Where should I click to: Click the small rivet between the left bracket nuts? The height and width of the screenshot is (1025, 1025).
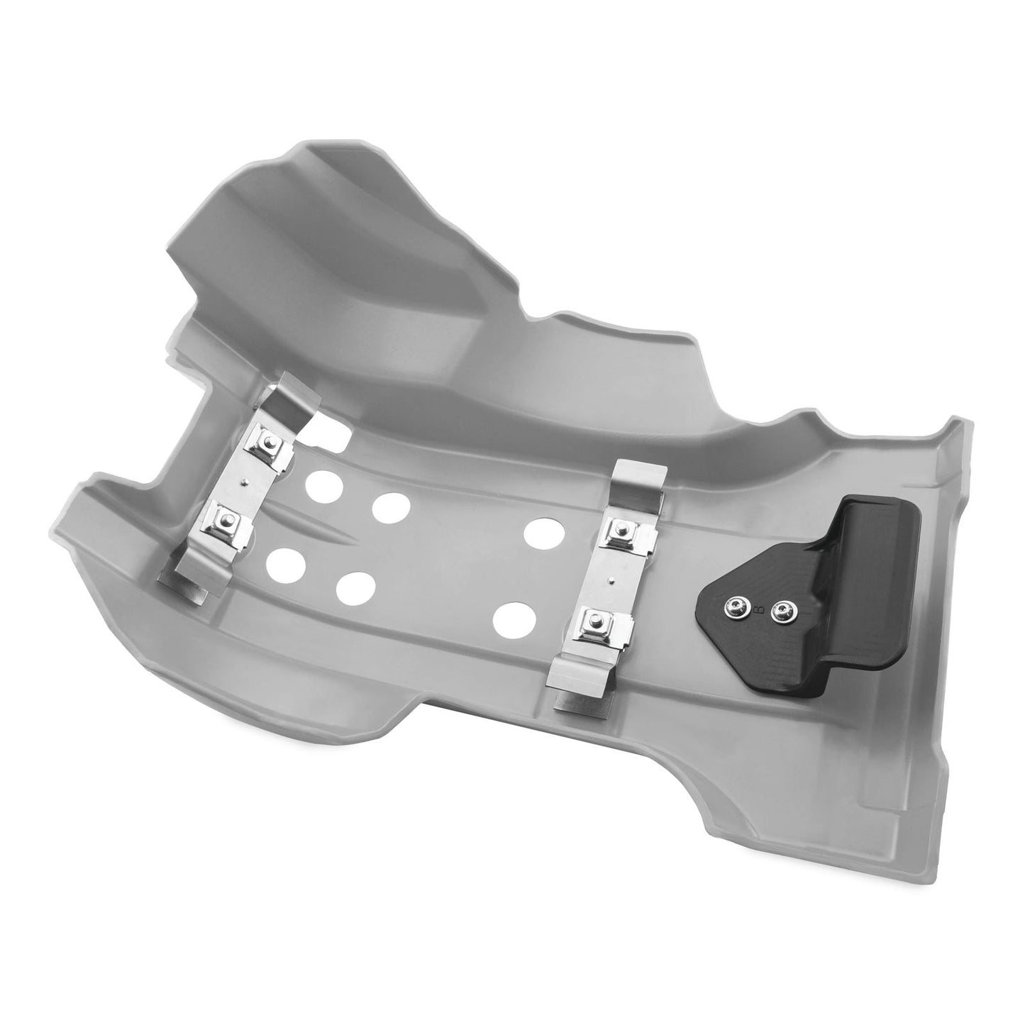pos(245,482)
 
